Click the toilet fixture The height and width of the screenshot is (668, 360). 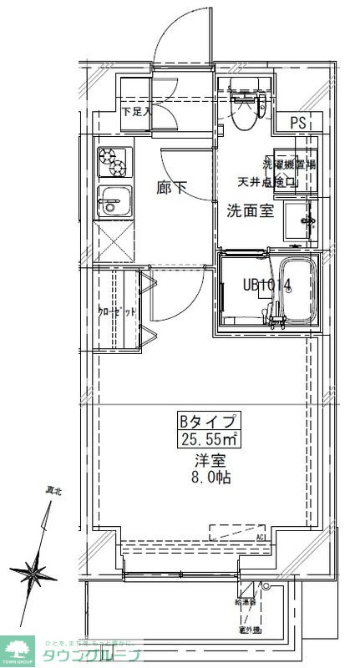pos(246,110)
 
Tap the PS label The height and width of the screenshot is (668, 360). pos(299,122)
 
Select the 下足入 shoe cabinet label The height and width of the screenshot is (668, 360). pos(136,110)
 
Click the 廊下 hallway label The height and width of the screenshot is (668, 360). pos(172,188)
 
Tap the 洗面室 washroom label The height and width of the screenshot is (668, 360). pos(250,210)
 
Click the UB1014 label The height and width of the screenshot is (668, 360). pos(267,285)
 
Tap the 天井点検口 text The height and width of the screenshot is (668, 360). pos(268,181)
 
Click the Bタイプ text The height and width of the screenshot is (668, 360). pos(209,421)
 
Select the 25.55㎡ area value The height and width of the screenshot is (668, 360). pos(210,440)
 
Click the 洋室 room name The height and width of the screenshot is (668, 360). pos(209,459)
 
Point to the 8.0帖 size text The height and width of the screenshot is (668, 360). pos(209,478)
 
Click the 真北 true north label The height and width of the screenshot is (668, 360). pos(53,493)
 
